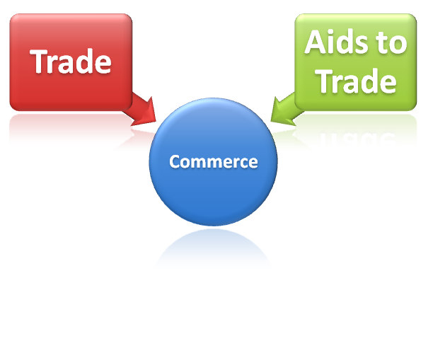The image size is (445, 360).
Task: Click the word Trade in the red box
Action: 71,62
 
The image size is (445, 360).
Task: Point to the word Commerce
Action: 214,162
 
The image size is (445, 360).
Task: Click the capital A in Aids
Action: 314,44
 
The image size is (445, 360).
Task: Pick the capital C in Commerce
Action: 175,162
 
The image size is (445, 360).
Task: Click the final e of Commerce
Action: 253,163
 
